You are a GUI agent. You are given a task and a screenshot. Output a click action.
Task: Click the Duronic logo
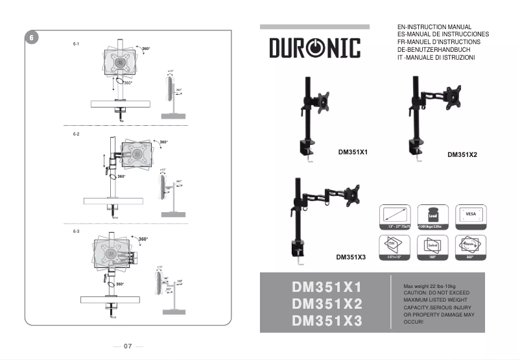coord(314,49)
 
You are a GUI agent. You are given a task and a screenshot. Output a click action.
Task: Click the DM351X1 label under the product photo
coord(353,152)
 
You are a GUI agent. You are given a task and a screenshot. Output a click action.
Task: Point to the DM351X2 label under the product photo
coord(462,155)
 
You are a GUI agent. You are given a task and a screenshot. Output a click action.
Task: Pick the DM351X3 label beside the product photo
coord(351,257)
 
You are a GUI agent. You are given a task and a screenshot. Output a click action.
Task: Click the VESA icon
coord(471,216)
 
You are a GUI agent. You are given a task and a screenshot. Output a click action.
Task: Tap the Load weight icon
coord(432,216)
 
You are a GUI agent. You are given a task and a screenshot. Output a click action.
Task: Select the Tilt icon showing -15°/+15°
coord(394,247)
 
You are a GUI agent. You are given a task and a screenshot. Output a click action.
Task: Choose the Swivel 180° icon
coord(432,247)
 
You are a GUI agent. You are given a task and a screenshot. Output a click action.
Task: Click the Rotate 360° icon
coord(471,247)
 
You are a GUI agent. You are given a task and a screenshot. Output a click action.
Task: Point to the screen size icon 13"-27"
coord(394,216)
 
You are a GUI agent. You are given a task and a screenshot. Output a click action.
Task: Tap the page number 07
coord(128,346)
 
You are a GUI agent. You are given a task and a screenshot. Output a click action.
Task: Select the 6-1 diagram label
coord(76,43)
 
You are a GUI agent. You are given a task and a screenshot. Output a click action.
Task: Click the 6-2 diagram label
coord(76,134)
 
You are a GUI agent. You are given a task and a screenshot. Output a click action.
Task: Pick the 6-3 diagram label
coord(76,232)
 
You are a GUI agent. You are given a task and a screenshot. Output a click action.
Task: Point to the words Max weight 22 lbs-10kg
coord(429,286)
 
